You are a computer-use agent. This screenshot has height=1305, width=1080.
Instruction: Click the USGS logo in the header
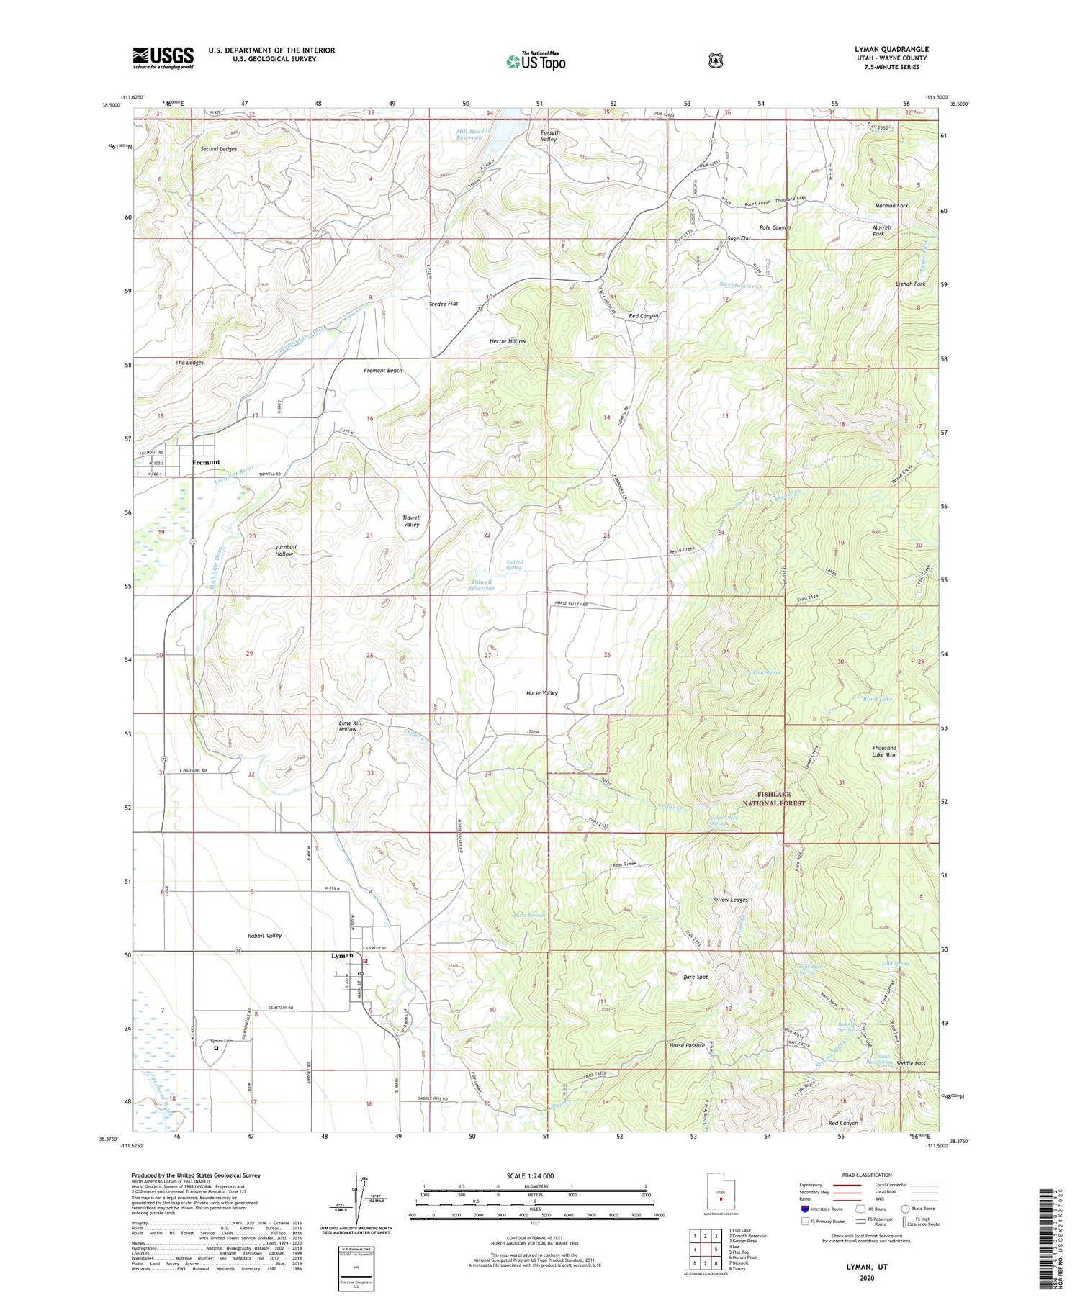[x=163, y=58]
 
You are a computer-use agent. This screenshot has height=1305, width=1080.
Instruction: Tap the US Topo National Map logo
[x=536, y=61]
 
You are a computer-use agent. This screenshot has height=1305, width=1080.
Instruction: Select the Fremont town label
[x=206, y=462]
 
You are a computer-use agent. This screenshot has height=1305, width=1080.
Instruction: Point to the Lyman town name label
[x=342, y=956]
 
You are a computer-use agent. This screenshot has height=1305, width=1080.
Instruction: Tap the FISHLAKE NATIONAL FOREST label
[x=780, y=798]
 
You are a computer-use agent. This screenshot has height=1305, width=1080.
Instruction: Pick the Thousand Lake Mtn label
[x=883, y=751]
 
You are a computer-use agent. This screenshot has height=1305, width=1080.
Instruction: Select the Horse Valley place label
[x=542, y=692]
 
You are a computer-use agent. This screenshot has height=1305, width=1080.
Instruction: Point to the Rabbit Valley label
[x=264, y=936]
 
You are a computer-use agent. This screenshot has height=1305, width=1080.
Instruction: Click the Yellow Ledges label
[x=730, y=900]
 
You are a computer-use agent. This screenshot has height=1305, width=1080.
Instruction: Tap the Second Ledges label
[x=218, y=149]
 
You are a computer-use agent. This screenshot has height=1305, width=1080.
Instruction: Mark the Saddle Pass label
[x=911, y=1063]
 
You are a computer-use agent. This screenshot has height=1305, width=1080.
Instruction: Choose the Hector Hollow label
[x=508, y=341]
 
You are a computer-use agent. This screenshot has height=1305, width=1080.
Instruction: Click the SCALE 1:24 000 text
[x=534, y=1175]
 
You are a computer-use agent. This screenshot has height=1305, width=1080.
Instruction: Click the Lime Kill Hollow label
[x=348, y=726]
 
